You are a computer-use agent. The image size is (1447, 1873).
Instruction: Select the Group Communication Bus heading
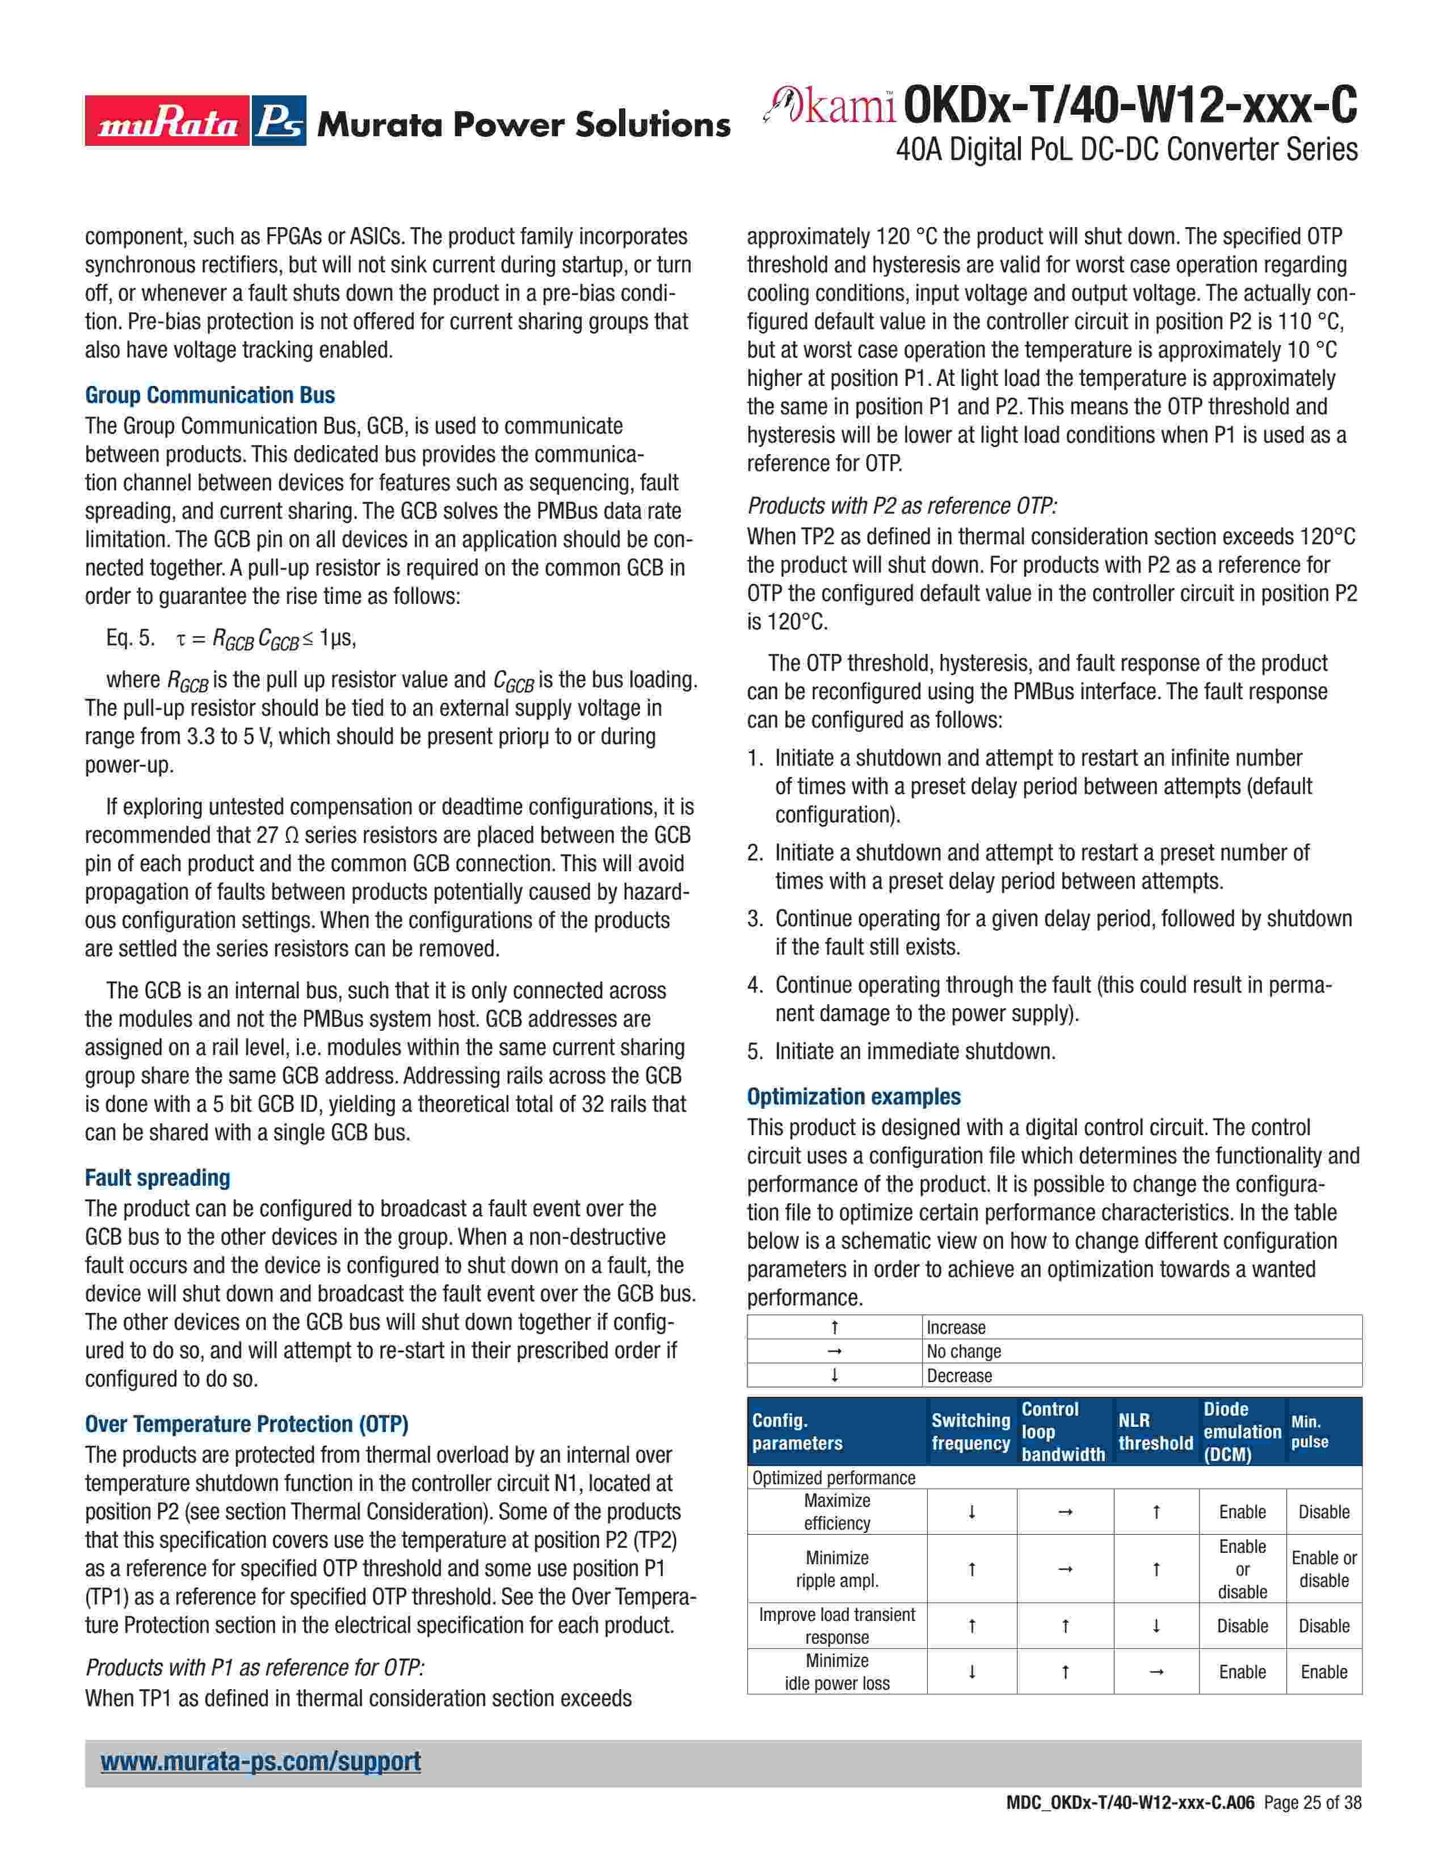tap(210, 396)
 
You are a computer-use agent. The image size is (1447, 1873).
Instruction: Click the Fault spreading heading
tap(158, 1178)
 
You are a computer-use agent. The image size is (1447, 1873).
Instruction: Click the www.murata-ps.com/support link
tap(260, 1762)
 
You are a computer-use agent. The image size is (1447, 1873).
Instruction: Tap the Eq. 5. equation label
tap(131, 638)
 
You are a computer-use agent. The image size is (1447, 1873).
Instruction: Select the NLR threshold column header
tap(1155, 1431)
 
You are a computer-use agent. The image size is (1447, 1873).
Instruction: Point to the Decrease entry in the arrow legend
tap(959, 1376)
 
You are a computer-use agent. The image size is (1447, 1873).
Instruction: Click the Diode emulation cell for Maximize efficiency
tap(1242, 1512)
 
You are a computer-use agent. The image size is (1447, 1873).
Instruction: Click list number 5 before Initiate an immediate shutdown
tap(754, 1051)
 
